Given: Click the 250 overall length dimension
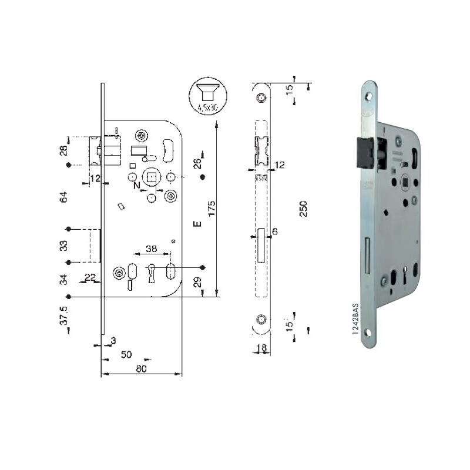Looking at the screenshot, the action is tap(303, 209).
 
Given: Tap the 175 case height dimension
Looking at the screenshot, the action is tap(211, 209).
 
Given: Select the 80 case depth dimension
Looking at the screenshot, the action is tap(141, 369).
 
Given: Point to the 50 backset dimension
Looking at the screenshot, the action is tap(126, 355).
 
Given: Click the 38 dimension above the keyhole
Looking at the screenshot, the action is tap(151, 249).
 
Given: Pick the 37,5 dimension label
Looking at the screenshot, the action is tap(64, 315).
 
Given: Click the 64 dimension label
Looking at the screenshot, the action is tap(64, 197).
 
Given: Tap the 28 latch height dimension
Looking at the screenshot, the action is tap(64, 150).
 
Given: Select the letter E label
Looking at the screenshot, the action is tap(197, 224).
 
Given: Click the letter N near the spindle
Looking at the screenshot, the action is tap(137, 186).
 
